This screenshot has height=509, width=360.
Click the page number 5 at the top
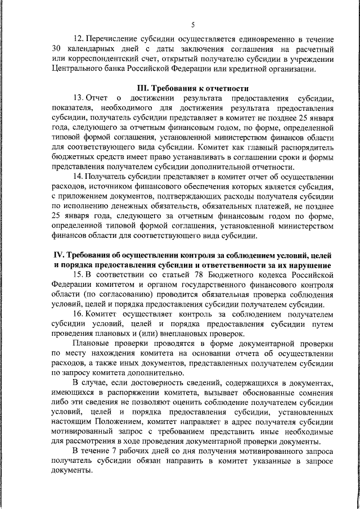point(192,25)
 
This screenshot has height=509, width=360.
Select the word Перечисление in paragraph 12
point(115,39)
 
